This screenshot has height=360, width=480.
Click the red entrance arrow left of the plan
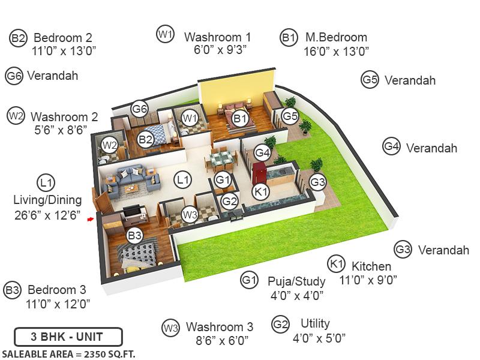tap(91, 220)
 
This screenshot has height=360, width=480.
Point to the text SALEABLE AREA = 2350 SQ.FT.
tap(69, 353)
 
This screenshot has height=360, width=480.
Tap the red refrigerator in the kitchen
tap(259, 173)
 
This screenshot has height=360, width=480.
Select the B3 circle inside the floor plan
tap(134, 236)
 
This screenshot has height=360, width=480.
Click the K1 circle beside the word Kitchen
tap(336, 265)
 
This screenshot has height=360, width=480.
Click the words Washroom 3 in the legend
tap(220, 327)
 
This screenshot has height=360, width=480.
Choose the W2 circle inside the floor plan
tap(109, 145)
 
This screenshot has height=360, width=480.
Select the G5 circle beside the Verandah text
tap(370, 79)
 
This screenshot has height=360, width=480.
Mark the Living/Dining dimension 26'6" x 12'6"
tap(47, 215)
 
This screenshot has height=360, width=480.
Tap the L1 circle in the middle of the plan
tap(182, 179)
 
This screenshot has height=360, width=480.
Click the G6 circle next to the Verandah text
tap(14, 76)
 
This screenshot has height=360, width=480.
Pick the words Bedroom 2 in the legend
tap(62, 38)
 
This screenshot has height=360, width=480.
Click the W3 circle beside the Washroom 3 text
tap(170, 328)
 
